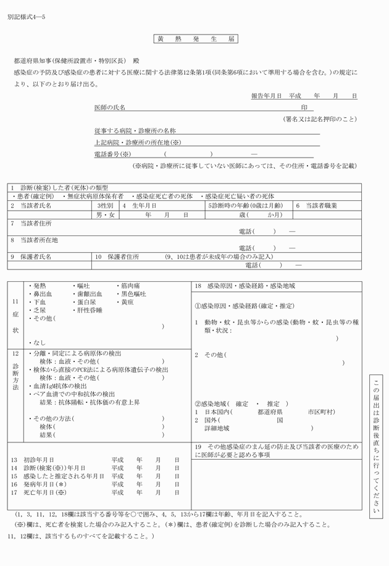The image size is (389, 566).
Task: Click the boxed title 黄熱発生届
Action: tap(194, 39)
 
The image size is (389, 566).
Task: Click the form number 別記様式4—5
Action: tap(26, 15)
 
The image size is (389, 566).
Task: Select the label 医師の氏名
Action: tap(109, 108)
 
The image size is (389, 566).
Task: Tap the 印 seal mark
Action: tap(303, 108)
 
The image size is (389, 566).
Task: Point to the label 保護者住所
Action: tap(123, 256)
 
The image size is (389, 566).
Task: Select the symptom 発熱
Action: tap(40, 286)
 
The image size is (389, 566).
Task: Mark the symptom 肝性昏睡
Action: tap(90, 310)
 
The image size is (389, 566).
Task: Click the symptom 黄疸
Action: tap(127, 302)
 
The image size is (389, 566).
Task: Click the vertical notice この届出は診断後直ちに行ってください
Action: tap(376, 444)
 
